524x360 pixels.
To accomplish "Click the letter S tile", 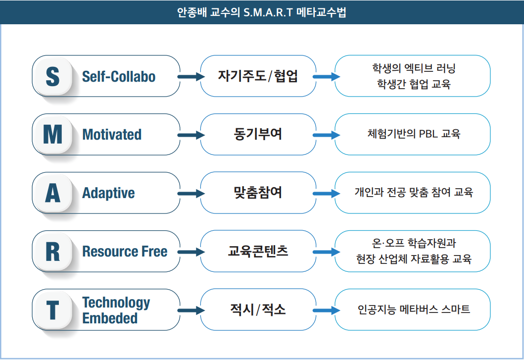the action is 53,76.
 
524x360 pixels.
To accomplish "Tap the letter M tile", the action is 53,135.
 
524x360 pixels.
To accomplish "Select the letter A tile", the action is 53,193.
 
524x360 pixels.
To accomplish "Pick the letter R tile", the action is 53,251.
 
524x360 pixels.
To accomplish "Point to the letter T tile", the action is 53,310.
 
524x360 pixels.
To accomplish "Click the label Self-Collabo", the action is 119,77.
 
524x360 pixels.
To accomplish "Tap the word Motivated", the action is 112,135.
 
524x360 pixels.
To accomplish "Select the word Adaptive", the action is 108,193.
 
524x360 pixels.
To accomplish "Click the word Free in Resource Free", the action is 154,251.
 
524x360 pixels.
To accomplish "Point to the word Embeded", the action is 110,318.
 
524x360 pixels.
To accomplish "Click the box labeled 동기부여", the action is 258,135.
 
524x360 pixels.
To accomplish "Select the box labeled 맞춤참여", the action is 258,193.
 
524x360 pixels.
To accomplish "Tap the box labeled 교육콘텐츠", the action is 258,251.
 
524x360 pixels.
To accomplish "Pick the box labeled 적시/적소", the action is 258,309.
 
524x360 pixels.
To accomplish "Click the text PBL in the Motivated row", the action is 429,134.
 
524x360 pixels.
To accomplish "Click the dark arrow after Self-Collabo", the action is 191,77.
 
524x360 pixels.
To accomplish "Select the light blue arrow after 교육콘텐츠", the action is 326,252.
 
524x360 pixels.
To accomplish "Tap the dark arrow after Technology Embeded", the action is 191,310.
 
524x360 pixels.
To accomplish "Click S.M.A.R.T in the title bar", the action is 268,12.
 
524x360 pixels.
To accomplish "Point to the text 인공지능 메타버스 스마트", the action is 414,309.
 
